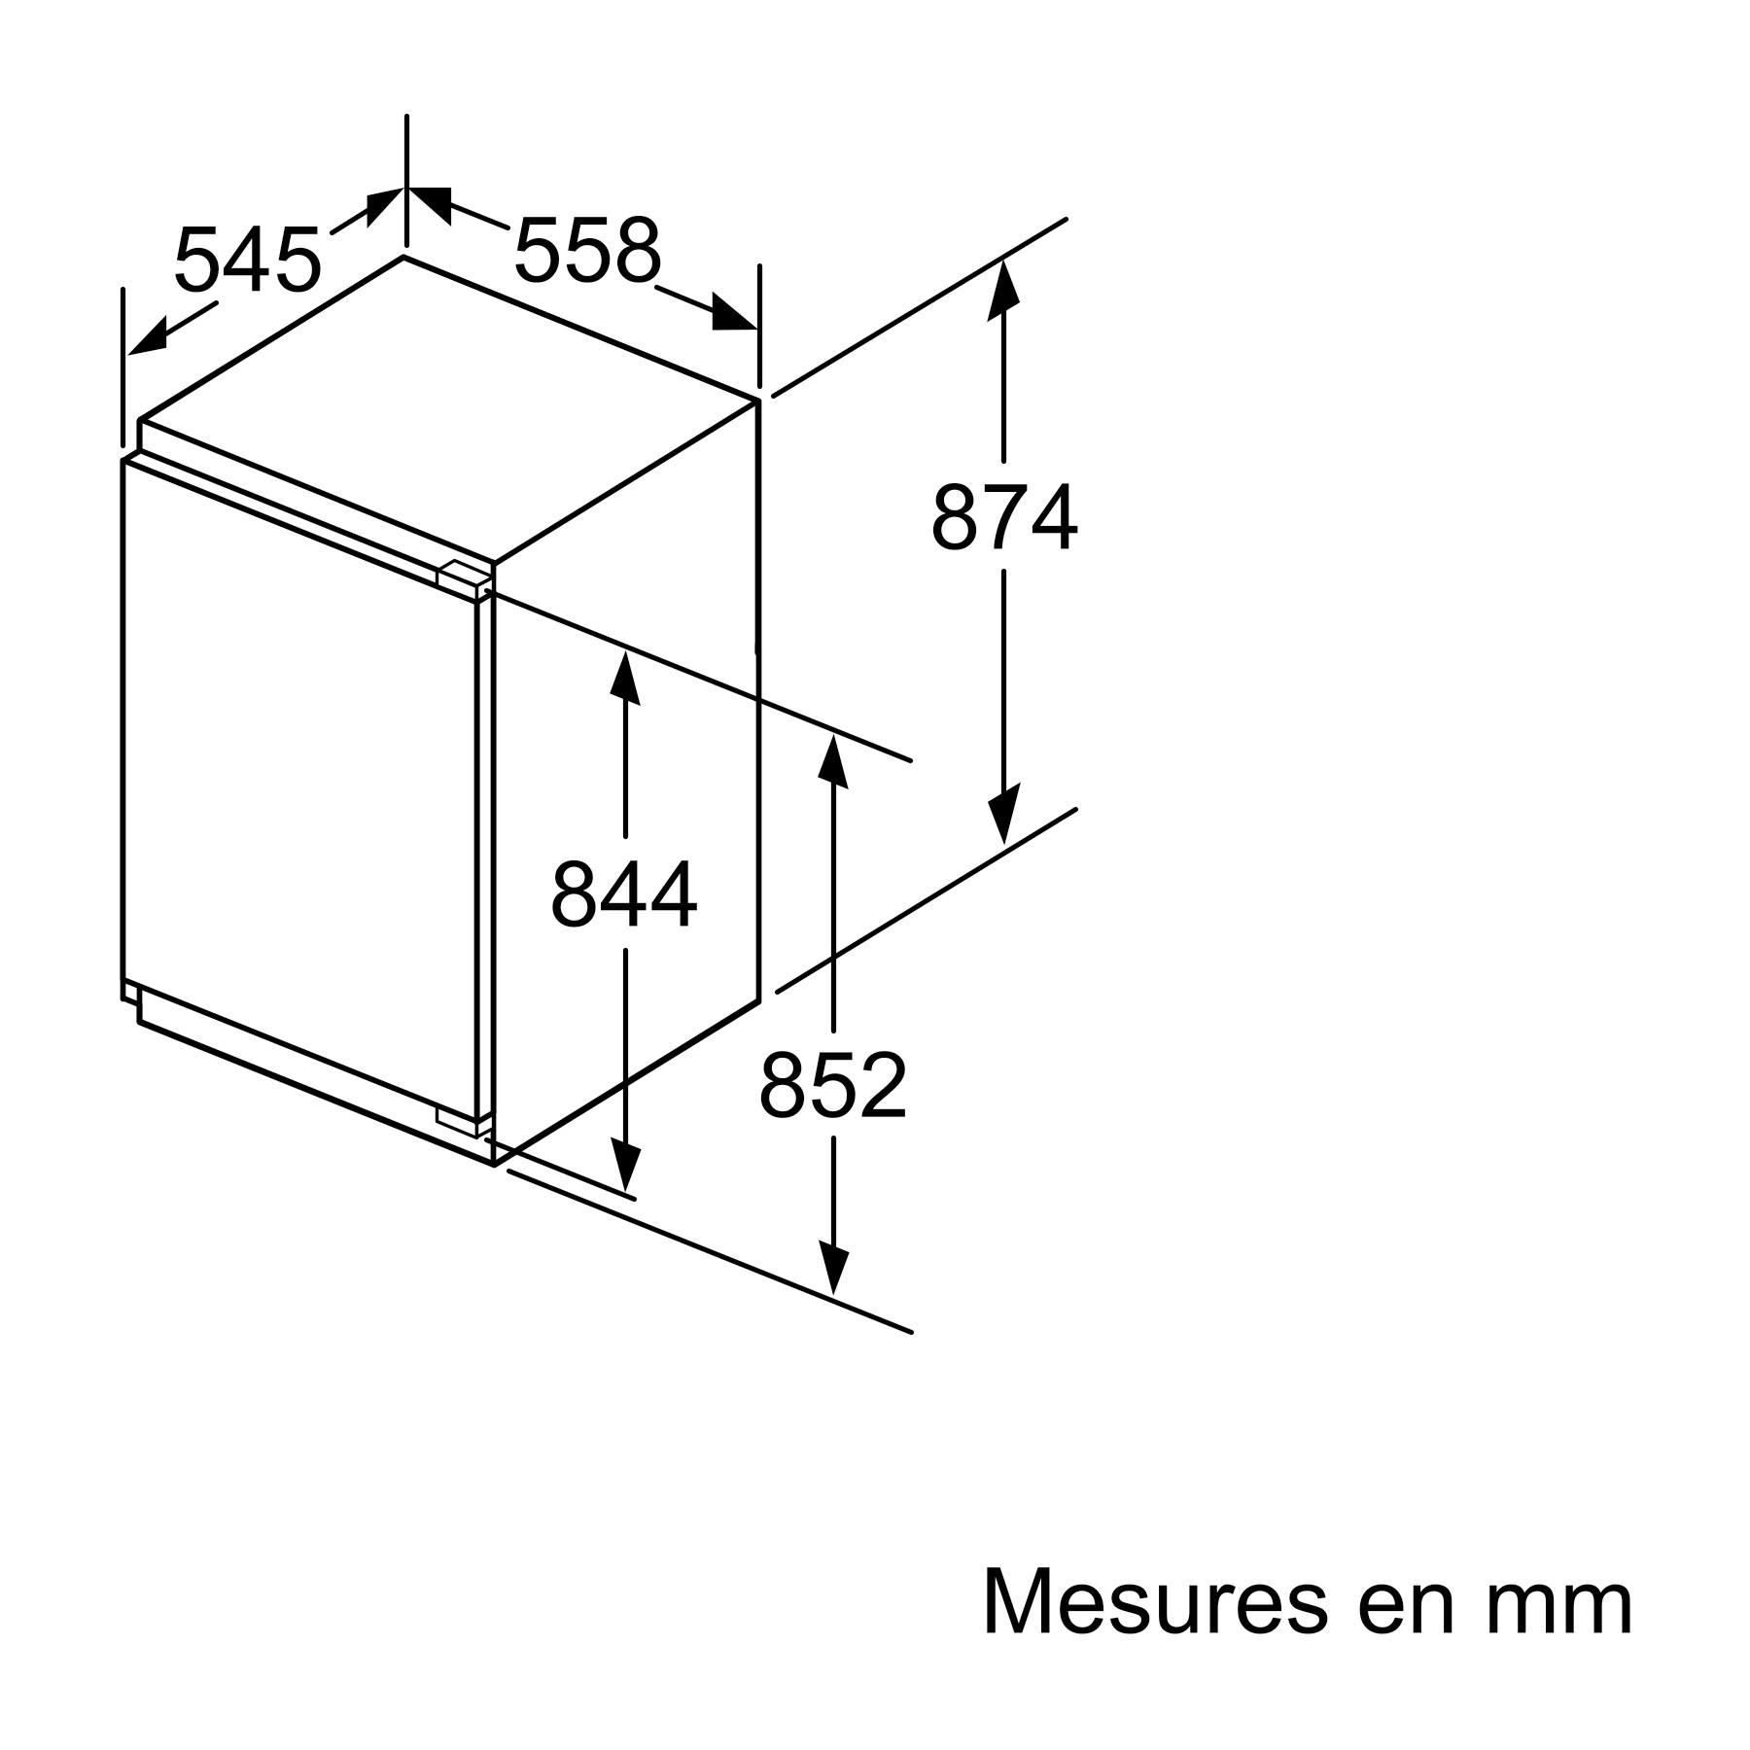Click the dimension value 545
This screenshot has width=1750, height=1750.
[247, 260]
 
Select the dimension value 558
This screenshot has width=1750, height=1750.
[587, 250]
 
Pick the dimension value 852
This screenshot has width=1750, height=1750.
[833, 1084]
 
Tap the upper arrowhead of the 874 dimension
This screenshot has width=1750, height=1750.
[1003, 289]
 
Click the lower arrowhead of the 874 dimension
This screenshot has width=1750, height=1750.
[1003, 813]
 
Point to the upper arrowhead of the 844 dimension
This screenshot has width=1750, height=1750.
[624, 679]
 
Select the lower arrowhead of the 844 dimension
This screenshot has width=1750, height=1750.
[624, 1165]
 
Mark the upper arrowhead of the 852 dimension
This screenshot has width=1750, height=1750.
[833, 764]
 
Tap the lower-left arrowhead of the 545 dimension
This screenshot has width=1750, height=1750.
[149, 337]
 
